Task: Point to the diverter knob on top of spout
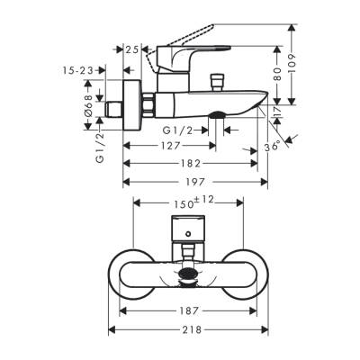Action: point(216,83)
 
